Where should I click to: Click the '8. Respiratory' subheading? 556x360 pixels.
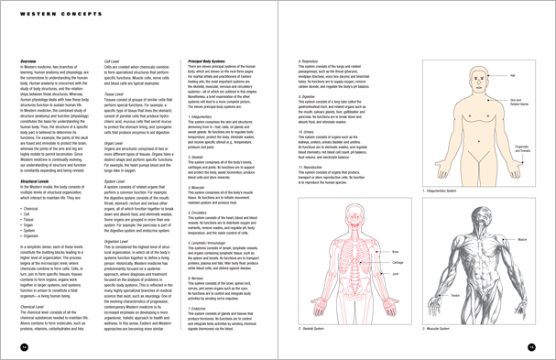311,61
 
